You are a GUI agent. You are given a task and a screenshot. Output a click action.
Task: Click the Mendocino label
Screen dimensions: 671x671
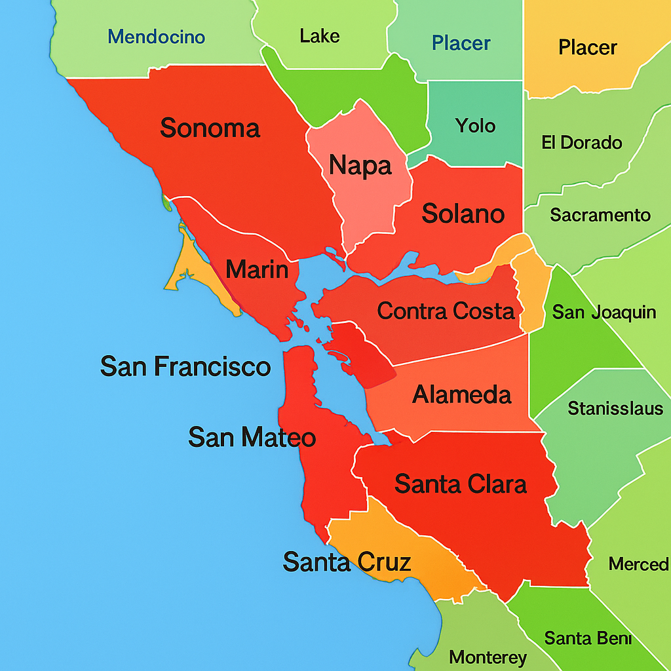pos(157,37)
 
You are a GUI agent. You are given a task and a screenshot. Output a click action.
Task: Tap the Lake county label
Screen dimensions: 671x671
pos(320,35)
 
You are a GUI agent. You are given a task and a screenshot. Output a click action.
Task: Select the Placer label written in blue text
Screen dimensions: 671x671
pos(461,44)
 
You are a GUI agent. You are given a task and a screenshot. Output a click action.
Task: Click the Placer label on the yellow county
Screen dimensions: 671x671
pos(588,47)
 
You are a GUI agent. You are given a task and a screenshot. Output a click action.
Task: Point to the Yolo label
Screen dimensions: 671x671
pos(476,125)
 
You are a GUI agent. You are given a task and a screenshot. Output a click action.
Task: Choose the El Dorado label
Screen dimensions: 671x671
pos(582,142)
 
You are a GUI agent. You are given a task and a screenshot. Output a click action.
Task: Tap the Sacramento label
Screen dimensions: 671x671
pos(600,215)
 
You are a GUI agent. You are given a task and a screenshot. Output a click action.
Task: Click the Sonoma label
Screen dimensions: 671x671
pos(210,128)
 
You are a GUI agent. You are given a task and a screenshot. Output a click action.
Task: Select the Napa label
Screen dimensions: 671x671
pos(360,165)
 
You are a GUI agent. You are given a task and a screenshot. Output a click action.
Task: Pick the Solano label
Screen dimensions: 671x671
pos(463,214)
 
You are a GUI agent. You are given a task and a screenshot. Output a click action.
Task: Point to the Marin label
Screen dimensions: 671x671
pos(257,269)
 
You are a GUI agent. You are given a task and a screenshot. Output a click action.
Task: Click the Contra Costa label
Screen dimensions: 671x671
pos(446,311)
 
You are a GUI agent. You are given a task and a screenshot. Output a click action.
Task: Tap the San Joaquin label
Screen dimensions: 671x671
pos(604,312)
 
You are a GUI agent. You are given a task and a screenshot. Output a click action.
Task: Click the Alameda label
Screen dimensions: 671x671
pos(462,394)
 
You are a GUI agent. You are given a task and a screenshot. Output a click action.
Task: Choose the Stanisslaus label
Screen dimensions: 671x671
pos(615,409)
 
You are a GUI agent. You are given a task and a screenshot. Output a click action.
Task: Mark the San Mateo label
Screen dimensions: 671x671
pos(252,437)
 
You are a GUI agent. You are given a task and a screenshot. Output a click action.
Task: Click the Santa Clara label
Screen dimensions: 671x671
pos(461,484)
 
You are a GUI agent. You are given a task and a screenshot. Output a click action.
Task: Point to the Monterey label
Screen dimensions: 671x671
pos(488,657)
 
